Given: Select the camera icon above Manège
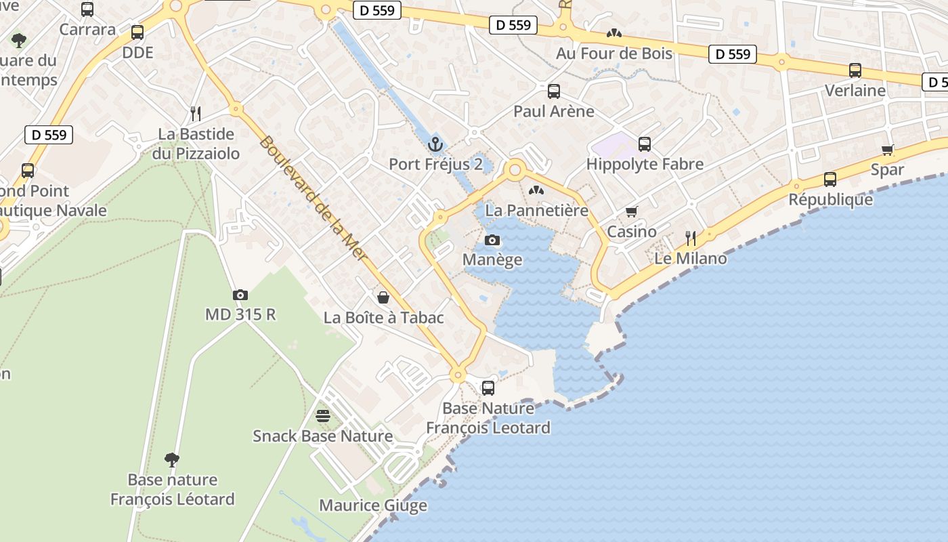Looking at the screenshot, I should pos(493,240).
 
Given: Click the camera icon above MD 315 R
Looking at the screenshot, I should pos(240,295).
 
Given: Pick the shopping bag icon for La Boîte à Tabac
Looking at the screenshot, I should pos(383,297).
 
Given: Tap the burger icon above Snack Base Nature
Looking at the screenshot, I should pos(323,415).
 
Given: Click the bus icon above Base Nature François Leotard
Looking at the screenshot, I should pos(488,388).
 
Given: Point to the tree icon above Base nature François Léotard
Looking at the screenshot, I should pos(172,460).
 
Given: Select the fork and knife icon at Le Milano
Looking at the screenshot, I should pos(691,238).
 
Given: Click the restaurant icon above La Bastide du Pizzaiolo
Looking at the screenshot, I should pos(196,113).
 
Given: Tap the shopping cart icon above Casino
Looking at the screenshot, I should pos(632,211).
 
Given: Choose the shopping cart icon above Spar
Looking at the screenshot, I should pos(888,150).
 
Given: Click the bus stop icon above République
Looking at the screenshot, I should pos(830,180).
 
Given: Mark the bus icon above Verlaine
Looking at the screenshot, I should pos(855,70).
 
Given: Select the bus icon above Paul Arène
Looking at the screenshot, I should pos(554,91).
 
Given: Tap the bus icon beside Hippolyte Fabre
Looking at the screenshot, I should pos(645,144).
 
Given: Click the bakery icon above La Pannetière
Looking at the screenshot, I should pos(536,191).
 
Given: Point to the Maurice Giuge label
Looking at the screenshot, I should pos(373,505).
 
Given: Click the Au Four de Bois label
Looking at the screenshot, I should pos(614,53).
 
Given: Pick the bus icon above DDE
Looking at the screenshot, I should pos(137,32).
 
